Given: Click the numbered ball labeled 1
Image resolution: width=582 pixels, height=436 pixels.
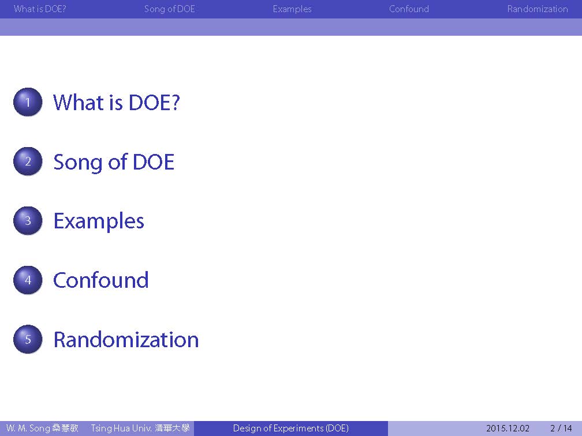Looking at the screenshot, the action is [28, 102].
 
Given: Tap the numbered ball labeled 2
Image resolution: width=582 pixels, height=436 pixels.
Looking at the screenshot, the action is [28, 161].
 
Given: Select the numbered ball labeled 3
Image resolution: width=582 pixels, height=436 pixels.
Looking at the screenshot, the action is [28, 220].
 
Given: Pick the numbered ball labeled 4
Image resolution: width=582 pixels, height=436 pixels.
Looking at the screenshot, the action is [28, 280].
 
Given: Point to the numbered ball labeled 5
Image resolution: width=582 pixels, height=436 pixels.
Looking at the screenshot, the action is [28, 339].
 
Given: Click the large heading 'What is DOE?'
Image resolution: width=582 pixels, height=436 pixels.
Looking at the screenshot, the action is [117, 102].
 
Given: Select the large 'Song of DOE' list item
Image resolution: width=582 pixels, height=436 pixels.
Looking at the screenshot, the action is [114, 163].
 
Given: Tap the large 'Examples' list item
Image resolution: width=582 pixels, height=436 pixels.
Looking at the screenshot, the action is [99, 221].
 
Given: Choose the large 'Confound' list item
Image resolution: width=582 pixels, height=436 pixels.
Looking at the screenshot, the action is [101, 280].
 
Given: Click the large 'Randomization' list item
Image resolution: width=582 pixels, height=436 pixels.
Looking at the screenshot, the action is [126, 340].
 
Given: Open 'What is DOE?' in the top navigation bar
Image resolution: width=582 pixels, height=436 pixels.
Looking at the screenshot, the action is [40, 9].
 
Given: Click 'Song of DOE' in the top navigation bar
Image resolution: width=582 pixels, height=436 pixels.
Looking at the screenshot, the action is [170, 9].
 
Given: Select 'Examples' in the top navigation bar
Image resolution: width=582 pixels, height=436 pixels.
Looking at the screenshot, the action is [292, 9].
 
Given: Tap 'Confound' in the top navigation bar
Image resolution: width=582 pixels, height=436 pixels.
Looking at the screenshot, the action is [409, 9].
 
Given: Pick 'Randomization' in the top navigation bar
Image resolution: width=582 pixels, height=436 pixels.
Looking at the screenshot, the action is [538, 9].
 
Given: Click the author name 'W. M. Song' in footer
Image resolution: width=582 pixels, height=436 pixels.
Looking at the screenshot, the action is [28, 429].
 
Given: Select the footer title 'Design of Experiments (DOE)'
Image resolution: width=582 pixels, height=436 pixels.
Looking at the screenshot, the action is [291, 429].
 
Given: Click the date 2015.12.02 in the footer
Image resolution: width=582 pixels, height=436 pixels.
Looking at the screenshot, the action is [508, 429].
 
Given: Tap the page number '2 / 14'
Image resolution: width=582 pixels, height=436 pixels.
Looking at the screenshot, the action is [561, 429].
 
